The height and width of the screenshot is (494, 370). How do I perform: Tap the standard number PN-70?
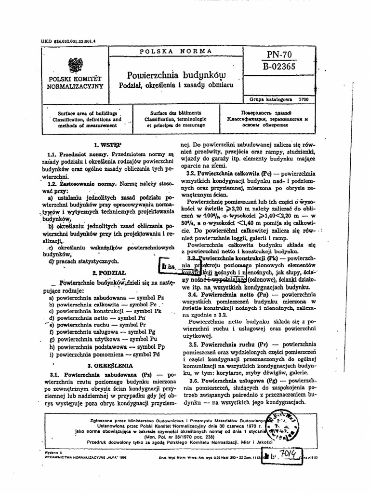[278, 55]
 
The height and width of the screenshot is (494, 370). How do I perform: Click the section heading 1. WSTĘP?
[107, 144]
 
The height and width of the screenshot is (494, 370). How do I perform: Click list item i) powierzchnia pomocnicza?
[106, 354]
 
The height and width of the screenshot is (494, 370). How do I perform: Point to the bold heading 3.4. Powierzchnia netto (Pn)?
[233, 293]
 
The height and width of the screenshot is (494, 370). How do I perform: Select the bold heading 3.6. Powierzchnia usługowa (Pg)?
[235, 381]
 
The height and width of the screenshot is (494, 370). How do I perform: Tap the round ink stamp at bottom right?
[282, 425]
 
